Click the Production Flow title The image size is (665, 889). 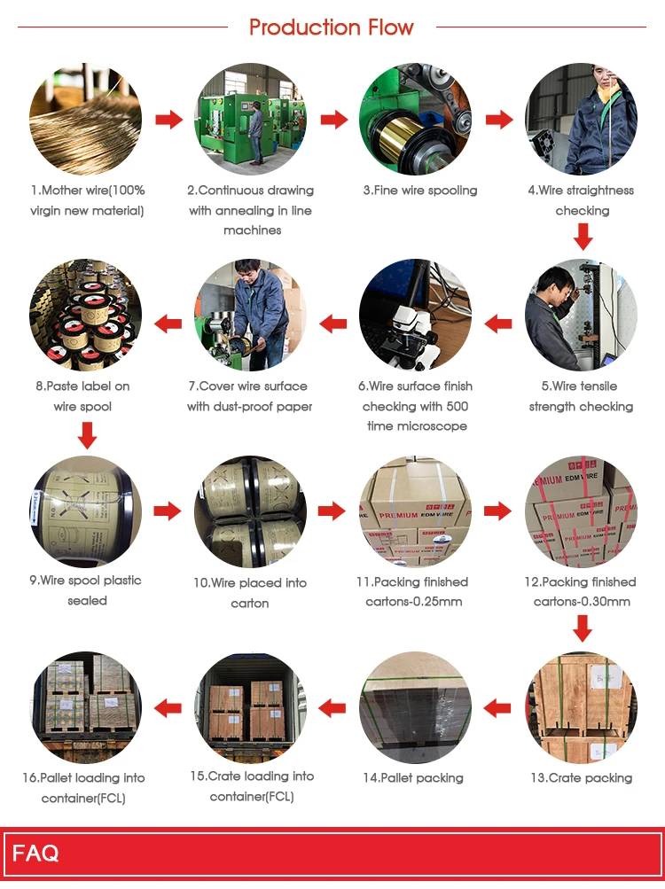332,27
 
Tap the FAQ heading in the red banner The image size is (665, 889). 36,854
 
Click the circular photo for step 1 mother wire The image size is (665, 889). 86,119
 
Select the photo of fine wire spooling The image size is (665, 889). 415,119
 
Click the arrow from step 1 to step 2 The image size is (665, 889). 168,120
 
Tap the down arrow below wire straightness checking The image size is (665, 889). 582,237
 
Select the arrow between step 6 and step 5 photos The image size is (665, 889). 499,324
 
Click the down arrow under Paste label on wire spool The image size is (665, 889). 86,435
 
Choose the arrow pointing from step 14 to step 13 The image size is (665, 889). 497,706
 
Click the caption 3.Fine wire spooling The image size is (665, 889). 419,191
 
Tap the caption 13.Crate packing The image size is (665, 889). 581,778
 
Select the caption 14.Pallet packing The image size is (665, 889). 412,778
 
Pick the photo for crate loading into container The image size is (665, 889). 251,707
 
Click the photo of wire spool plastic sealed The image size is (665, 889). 86,512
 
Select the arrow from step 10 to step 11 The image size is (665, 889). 332,511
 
